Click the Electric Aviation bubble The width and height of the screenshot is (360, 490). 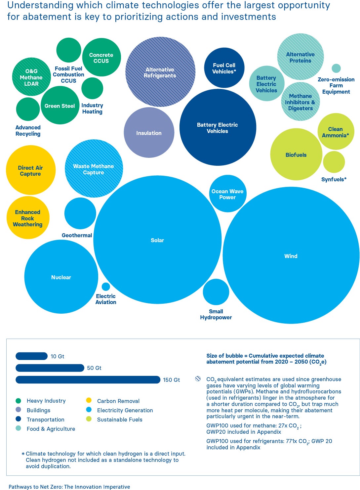point(106,287)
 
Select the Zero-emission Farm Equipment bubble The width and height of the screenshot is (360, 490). point(336,68)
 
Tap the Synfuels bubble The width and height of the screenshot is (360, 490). point(334,162)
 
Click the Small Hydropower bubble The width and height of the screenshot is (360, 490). point(216,292)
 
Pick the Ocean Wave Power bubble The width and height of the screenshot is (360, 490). point(227,194)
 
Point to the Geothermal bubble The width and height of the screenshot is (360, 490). point(80,213)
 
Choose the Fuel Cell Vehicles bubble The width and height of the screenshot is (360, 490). point(224,68)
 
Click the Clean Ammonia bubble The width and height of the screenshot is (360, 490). point(336,132)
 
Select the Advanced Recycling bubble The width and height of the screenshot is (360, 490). point(28,109)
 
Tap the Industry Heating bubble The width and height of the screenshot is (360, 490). point(92,88)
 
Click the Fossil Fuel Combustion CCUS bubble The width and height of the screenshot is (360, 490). point(69,50)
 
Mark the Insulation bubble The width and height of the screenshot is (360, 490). point(149,133)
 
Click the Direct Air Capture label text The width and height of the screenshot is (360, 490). point(30,171)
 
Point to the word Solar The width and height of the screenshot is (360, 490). point(157,240)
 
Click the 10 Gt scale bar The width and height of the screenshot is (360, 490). point(32,356)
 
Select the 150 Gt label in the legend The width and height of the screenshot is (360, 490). point(171,380)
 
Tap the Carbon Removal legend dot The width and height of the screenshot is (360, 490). point(89,400)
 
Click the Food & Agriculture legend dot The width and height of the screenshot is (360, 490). point(19,428)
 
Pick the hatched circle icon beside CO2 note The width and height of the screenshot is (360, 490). point(198,379)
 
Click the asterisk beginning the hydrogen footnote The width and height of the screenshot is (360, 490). point(23,454)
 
